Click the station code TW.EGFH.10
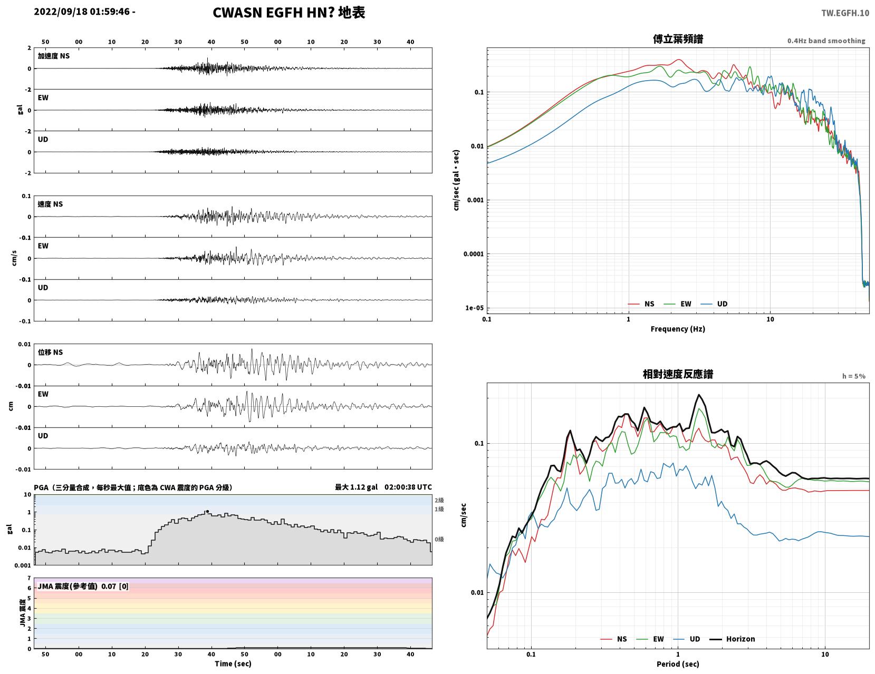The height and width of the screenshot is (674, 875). pyautogui.click(x=845, y=13)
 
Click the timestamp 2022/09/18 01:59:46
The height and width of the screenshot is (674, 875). pyautogui.click(x=82, y=12)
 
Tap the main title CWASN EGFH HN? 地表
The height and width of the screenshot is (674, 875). pyautogui.click(x=289, y=13)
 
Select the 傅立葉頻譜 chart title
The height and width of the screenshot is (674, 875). pyautogui.click(x=678, y=39)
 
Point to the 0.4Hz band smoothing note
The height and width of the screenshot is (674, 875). pyautogui.click(x=826, y=41)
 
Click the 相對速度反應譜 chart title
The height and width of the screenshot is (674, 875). pyautogui.click(x=678, y=374)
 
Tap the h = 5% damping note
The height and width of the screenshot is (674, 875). pyautogui.click(x=854, y=376)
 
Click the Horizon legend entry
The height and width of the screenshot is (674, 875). pyautogui.click(x=732, y=639)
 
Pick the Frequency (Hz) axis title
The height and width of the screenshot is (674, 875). pyautogui.click(x=678, y=328)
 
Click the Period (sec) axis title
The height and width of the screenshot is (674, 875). pyautogui.click(x=678, y=663)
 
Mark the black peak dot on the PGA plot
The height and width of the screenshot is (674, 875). pyautogui.click(x=207, y=512)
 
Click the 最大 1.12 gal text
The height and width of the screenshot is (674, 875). pyautogui.click(x=357, y=487)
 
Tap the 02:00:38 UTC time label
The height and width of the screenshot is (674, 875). pyautogui.click(x=408, y=487)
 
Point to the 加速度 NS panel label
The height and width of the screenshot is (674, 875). pyautogui.click(x=54, y=56)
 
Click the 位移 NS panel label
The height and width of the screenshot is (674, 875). pyautogui.click(x=50, y=352)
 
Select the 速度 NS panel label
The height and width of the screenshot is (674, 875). pyautogui.click(x=50, y=204)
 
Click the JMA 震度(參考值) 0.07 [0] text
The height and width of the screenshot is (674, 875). pyautogui.click(x=83, y=587)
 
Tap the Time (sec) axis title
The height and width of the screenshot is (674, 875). pyautogui.click(x=233, y=663)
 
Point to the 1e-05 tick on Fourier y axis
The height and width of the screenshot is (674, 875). pyautogui.click(x=474, y=308)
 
